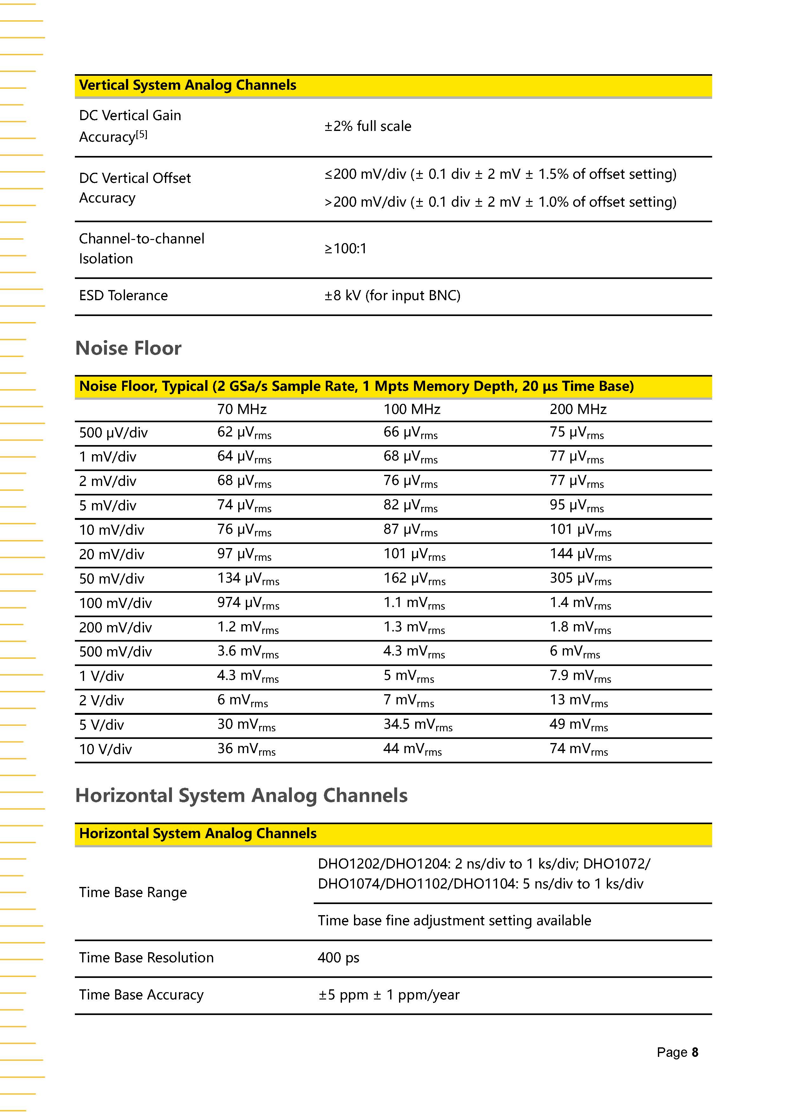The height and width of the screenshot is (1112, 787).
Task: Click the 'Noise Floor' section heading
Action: pos(128,348)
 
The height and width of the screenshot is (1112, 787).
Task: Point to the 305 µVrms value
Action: pos(580,579)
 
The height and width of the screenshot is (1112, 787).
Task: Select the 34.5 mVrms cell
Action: pos(418,725)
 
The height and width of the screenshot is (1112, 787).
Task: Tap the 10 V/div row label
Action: pos(105,749)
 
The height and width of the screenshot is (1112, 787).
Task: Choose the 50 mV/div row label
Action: pos(111,579)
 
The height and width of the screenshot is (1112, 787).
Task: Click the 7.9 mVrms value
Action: pos(580,676)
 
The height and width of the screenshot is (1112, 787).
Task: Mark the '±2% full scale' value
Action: pos(368,126)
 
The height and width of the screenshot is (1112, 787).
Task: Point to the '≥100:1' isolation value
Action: pos(345,249)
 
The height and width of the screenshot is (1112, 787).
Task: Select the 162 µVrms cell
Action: pos(414,579)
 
